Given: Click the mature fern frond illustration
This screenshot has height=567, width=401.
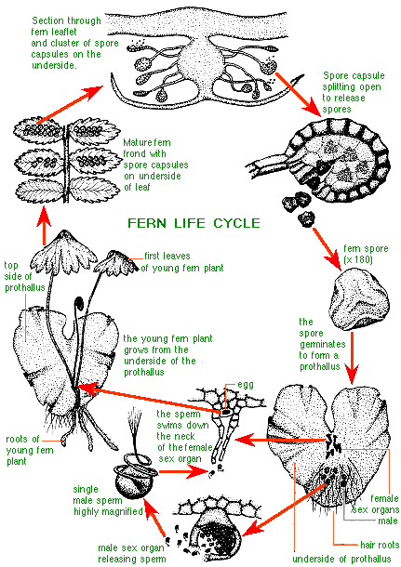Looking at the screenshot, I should click(66, 159).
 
